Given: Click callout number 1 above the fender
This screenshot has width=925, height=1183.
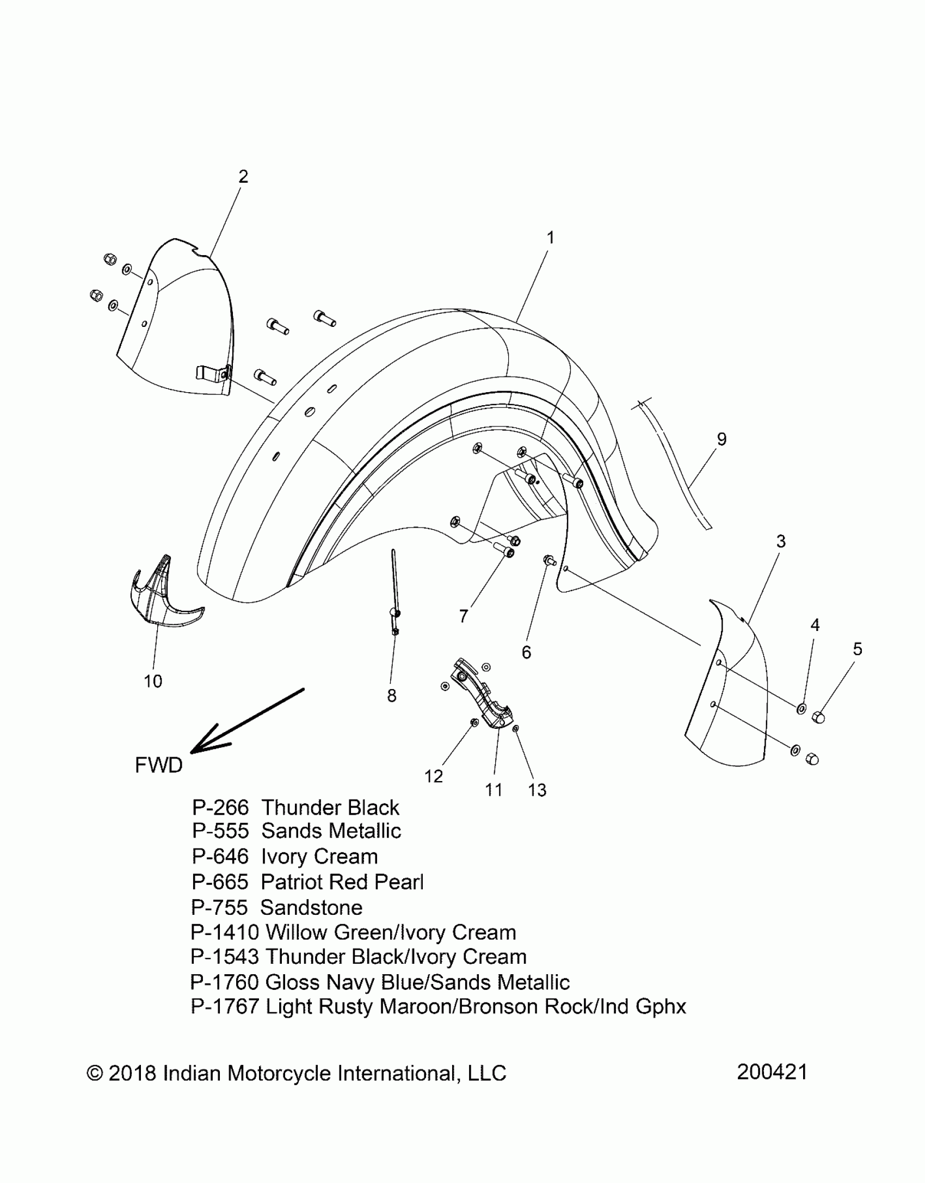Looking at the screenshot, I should click(x=550, y=238).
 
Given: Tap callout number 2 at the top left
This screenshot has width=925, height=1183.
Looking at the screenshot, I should click(x=243, y=176).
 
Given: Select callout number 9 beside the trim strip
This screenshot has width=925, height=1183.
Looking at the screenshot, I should click(x=721, y=439).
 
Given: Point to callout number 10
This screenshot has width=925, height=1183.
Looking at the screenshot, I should click(x=153, y=681).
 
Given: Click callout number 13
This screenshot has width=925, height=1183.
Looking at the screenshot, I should click(x=537, y=790).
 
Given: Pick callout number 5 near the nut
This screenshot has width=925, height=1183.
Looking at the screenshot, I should click(x=858, y=649).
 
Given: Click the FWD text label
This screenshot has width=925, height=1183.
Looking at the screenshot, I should click(x=158, y=765).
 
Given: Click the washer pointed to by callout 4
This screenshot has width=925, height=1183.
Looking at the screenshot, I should click(x=801, y=709).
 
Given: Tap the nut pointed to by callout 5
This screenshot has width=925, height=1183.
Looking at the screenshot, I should click(x=818, y=717).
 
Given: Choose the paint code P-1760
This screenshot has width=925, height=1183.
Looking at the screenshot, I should click(x=224, y=982).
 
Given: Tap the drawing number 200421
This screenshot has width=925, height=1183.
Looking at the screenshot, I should click(x=772, y=1072).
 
